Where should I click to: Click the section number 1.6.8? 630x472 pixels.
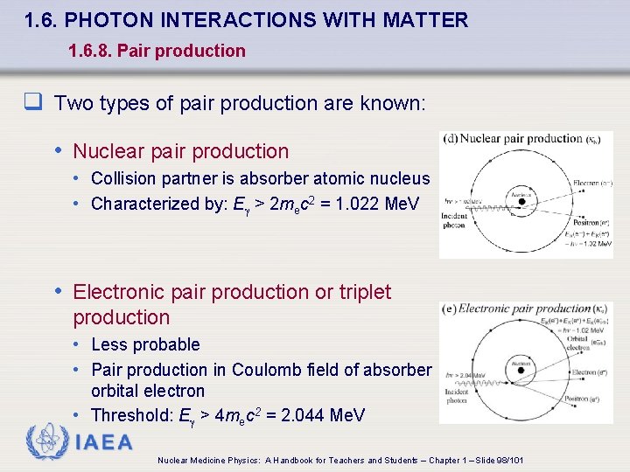point(89,51)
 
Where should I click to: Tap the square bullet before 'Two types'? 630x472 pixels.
point(34,103)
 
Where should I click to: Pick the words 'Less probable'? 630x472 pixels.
point(145,344)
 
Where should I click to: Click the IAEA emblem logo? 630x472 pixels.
point(47,441)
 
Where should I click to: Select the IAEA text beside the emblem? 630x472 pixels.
point(105,442)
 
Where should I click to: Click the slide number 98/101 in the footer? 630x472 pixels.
point(507,460)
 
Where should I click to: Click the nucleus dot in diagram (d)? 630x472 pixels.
point(521,201)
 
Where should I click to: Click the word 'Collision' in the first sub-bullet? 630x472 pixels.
point(122,178)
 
